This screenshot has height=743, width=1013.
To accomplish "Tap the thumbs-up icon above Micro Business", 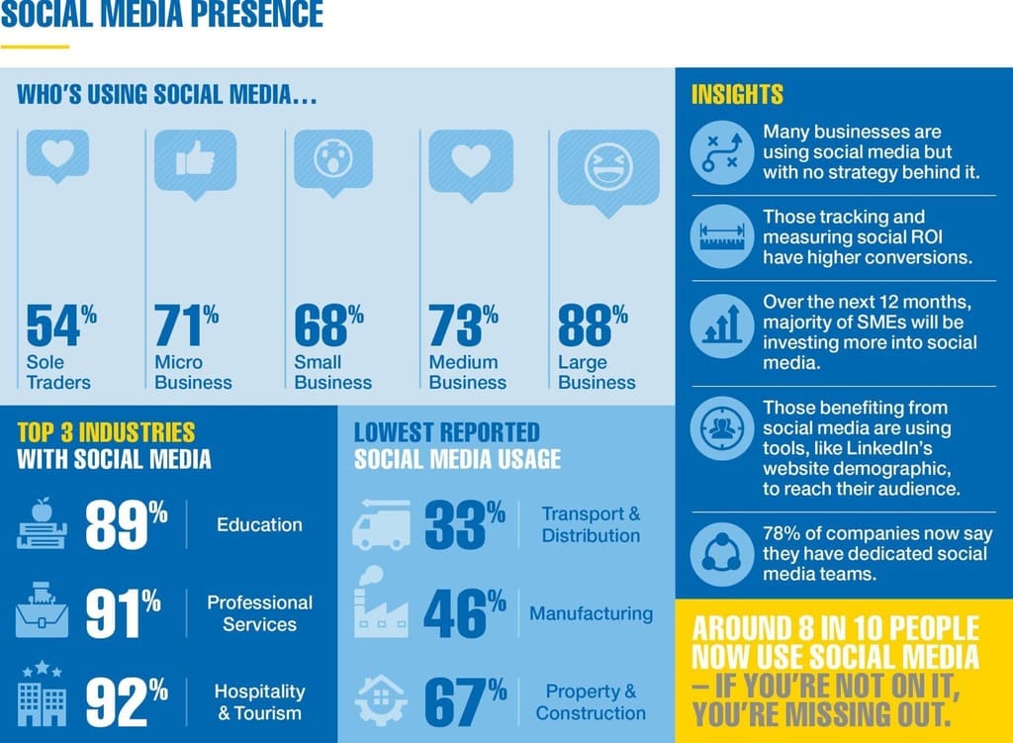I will (195, 158).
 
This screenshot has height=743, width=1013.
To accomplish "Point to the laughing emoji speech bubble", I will (607, 166).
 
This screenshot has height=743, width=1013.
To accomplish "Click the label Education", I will (259, 524).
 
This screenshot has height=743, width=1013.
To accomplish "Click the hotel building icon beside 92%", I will (43, 697).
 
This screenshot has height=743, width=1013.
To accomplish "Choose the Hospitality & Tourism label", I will (259, 701).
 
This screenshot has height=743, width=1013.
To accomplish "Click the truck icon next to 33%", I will (380, 524).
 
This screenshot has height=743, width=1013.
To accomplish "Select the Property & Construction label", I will (591, 701).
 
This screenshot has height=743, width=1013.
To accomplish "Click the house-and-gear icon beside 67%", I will (380, 698).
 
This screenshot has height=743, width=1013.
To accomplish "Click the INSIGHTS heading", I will (736, 94).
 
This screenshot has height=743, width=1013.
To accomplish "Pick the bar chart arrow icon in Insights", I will (722, 323).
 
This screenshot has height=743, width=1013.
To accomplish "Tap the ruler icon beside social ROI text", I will (722, 237).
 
